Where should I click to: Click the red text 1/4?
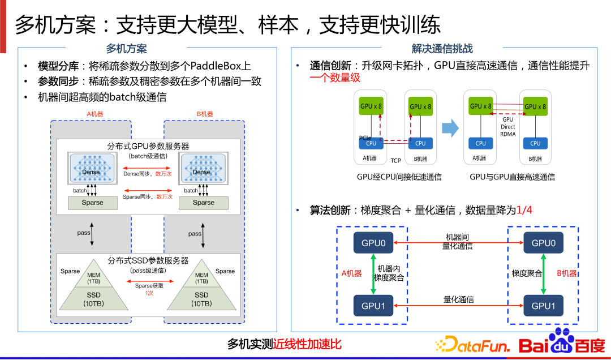524,211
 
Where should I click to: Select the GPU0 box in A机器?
373,243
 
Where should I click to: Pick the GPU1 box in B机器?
543,306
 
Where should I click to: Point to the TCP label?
395,161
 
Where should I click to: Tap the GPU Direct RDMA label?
508,127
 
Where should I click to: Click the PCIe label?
365,138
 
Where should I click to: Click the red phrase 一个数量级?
335,78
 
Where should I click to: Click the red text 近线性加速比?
307,344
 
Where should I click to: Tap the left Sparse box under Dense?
93,203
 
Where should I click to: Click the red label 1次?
149,293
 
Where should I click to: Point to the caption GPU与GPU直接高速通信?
512,177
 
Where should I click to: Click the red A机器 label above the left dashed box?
95,114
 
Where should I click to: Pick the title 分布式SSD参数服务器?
148,261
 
